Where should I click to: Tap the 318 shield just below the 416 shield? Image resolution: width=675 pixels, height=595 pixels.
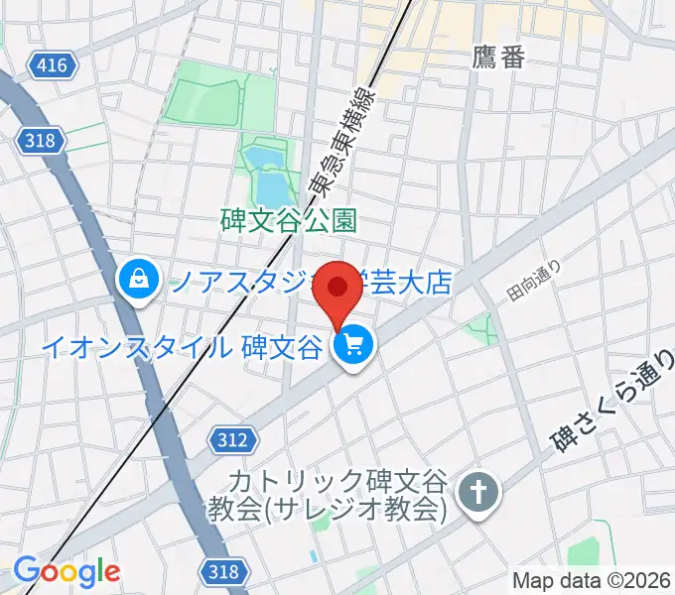[x=38, y=141]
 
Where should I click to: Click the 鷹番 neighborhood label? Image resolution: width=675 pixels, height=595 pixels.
[x=499, y=57]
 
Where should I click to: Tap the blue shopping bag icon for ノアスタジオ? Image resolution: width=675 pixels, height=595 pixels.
[x=137, y=281]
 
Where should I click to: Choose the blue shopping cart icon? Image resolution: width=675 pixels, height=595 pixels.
[x=353, y=347]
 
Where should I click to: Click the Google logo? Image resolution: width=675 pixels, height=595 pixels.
[x=67, y=572]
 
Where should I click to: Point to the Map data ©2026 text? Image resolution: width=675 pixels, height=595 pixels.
[x=593, y=579]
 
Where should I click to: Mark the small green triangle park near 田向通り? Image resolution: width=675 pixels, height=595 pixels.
[x=484, y=328]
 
